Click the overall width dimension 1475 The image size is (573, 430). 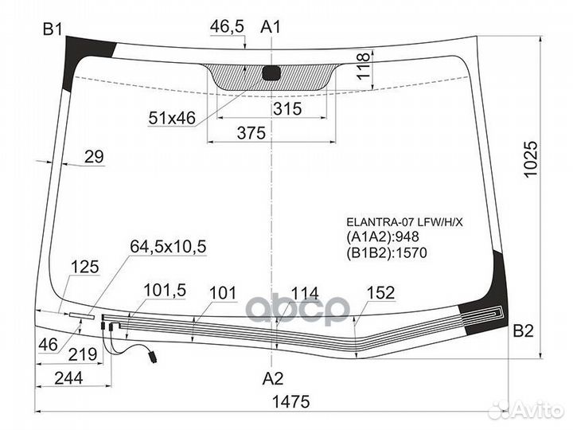pyautogui.click(x=291, y=401)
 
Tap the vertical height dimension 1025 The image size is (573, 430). pyautogui.click(x=531, y=159)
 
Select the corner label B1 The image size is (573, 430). pyautogui.click(x=53, y=29)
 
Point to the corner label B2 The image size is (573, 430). pyautogui.click(x=524, y=330)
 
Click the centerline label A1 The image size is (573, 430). pyautogui.click(x=271, y=27)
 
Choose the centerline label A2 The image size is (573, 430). pyautogui.click(x=273, y=378)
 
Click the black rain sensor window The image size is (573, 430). pyautogui.click(x=271, y=72)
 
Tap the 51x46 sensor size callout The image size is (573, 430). pyautogui.click(x=172, y=118)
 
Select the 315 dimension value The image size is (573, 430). pyautogui.click(x=287, y=108)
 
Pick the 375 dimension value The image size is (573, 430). pyautogui.click(x=251, y=133)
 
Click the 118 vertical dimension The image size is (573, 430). pyautogui.click(x=364, y=66)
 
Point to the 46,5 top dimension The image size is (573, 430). pyautogui.click(x=227, y=26)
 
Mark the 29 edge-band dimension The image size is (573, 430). pyautogui.click(x=94, y=157)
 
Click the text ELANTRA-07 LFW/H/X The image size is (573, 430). pyautogui.click(x=404, y=222)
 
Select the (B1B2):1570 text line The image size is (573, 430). pyautogui.click(x=387, y=252)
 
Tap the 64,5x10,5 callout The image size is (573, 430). pyautogui.click(x=168, y=246)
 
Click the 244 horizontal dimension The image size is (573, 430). pyautogui.click(x=68, y=378)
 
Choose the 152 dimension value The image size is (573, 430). pyautogui.click(x=380, y=292)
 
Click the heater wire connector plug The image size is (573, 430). pyautogui.click(x=152, y=357)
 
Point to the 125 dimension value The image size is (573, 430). pyautogui.click(x=85, y=267)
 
